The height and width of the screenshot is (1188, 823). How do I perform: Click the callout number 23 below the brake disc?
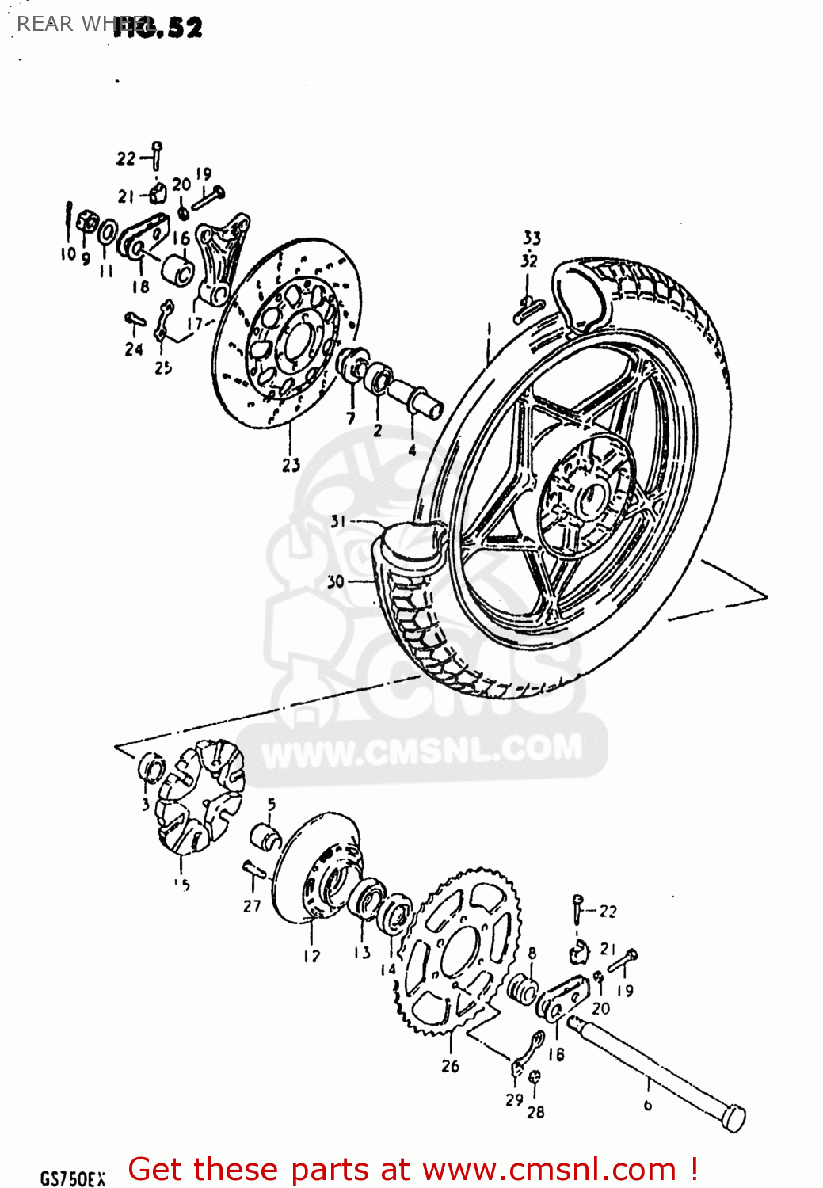click(291, 465)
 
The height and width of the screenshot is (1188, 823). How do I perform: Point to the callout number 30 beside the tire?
click(336, 582)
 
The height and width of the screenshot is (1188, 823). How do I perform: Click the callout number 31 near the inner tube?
click(338, 521)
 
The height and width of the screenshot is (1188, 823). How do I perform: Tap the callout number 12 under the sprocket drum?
click(311, 957)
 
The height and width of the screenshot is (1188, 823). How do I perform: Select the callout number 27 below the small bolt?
click(252, 905)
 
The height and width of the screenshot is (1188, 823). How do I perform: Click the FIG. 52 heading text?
click(158, 28)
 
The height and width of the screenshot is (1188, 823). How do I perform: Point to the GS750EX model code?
click(72, 1178)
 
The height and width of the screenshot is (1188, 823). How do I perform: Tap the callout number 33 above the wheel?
click(532, 238)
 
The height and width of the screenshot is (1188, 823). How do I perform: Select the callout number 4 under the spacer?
click(412, 450)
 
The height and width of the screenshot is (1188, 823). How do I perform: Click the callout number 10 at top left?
click(68, 253)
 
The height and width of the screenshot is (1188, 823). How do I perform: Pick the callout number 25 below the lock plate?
click(163, 367)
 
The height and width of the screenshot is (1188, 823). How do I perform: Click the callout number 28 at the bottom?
click(536, 1112)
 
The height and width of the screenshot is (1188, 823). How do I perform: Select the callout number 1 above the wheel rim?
click(490, 328)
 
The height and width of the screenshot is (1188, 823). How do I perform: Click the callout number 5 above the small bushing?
click(272, 805)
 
